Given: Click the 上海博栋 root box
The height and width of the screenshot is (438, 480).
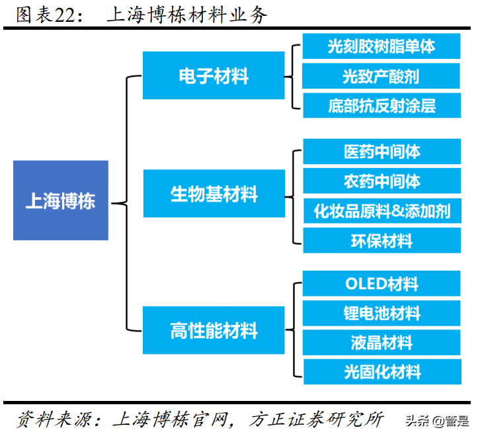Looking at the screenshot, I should click(x=60, y=200).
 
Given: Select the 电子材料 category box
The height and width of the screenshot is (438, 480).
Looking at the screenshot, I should click(x=214, y=76).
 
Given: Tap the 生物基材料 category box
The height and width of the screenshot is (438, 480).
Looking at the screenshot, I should click(x=214, y=194).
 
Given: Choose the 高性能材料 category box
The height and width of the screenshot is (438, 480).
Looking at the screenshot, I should click(x=214, y=330).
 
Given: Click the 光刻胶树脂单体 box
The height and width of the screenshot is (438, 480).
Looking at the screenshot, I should click(x=381, y=46).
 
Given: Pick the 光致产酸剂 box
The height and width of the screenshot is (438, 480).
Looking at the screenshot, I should click(x=381, y=76).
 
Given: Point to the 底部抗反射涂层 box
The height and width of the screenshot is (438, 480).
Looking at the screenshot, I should click(x=381, y=105).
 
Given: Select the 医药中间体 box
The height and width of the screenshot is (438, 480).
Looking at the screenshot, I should click(x=381, y=152).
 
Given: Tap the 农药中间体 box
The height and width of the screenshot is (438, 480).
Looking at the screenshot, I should click(x=381, y=181).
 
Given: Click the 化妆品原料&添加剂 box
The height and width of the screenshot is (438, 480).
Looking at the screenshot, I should click(x=381, y=211).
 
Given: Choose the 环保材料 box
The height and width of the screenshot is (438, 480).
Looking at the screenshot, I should click(x=381, y=240).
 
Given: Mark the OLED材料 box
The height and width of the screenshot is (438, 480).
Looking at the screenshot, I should click(x=381, y=284).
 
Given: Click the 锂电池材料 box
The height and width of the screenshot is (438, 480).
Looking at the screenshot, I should click(x=381, y=313).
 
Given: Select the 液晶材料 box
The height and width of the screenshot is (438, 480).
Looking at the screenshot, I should click(x=381, y=342).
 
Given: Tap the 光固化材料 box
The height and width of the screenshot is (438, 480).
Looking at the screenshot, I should click(x=381, y=372).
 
